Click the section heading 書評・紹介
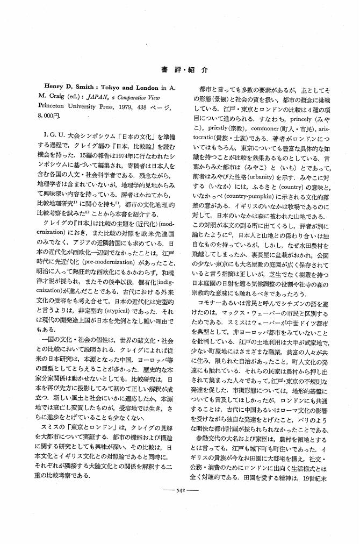(x=180, y=70)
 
